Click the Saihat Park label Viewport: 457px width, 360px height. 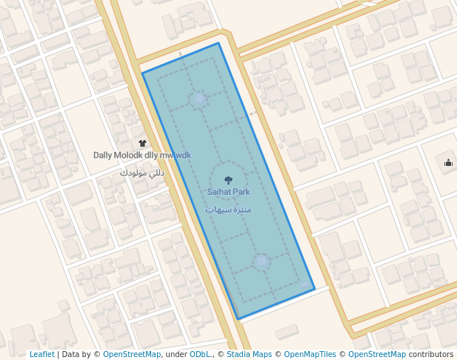[228, 192]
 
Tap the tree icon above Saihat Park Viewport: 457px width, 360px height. [228, 179]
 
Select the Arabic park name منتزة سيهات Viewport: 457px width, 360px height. [228, 210]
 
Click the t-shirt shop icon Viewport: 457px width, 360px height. [142, 143]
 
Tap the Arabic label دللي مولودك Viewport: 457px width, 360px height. [142, 173]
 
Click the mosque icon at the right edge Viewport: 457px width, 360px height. [448, 163]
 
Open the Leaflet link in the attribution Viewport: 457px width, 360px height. [41, 355]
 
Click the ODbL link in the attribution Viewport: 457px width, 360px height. [199, 355]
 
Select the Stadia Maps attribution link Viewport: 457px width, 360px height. [248, 355]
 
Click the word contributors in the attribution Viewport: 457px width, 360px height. [431, 355]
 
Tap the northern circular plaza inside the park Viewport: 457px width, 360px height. [199, 99]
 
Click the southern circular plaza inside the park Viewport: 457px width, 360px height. [261, 261]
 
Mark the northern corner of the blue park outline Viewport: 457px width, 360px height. [219, 43]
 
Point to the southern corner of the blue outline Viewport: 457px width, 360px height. [238, 319]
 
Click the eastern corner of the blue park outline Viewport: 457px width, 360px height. [315, 288]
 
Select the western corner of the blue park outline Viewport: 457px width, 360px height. [142, 73]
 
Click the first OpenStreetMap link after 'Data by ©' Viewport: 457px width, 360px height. [131, 355]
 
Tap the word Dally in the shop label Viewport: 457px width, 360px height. [102, 156]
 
